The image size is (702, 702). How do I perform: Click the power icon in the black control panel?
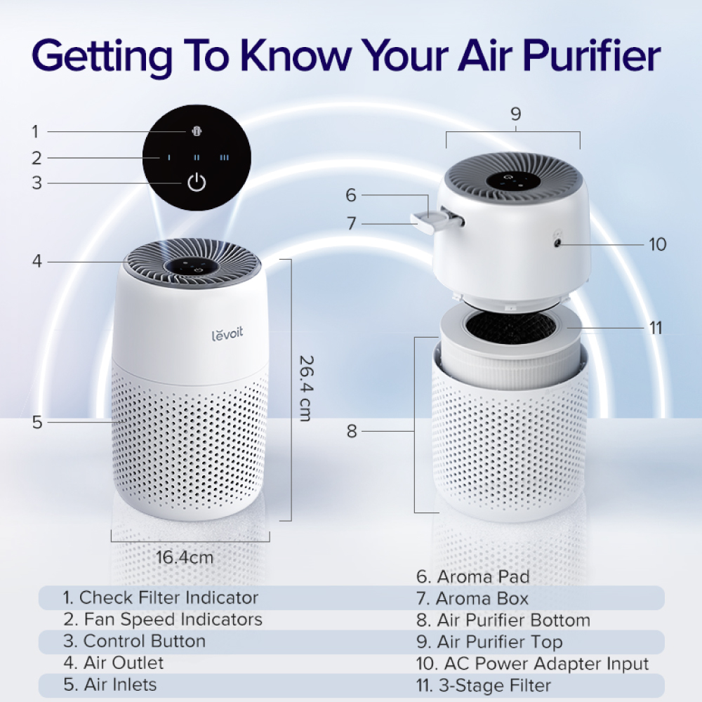click(x=197, y=184)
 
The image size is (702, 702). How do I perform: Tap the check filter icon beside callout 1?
click(x=197, y=131)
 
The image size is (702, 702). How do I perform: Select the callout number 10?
click(x=657, y=244)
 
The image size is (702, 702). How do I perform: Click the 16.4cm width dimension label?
click(x=185, y=558)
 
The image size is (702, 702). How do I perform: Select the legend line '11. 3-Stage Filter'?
click(x=494, y=685)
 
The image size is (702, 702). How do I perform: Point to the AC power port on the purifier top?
click(x=558, y=242)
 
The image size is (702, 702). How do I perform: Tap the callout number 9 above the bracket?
click(x=516, y=114)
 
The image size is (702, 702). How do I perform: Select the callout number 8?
click(x=352, y=431)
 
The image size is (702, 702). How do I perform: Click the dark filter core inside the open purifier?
click(x=511, y=325)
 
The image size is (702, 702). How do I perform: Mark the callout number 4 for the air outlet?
click(x=37, y=262)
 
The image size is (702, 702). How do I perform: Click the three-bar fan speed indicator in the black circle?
click(x=225, y=158)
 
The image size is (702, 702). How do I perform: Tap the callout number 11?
click(x=656, y=328)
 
